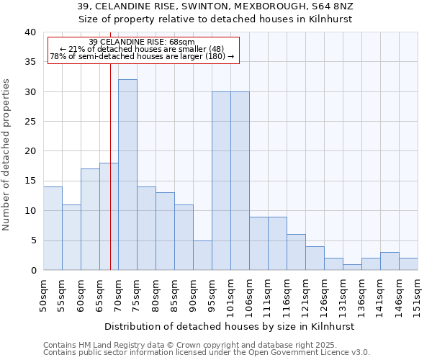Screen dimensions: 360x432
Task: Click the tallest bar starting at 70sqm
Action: (x=127, y=175)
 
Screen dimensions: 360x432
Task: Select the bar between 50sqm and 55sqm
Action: (x=53, y=228)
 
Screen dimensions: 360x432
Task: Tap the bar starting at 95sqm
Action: (x=221, y=181)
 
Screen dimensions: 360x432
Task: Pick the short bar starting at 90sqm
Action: (x=202, y=255)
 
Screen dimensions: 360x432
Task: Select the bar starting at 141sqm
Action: (x=390, y=261)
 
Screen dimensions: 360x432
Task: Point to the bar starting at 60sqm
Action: (x=90, y=220)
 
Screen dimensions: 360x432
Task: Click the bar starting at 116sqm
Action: (x=296, y=252)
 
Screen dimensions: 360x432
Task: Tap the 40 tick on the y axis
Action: (x=30, y=32)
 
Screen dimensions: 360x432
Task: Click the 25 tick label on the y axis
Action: (x=30, y=122)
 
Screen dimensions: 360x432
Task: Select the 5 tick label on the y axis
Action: (x=32, y=240)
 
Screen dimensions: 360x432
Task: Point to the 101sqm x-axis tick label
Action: (x=230, y=296)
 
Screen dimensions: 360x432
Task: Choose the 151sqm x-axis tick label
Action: (x=418, y=296)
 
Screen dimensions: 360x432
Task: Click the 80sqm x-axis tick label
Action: (x=156, y=296)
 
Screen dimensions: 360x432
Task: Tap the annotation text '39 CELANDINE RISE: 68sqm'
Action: (x=142, y=42)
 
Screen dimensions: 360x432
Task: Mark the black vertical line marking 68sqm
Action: (x=110, y=180)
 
